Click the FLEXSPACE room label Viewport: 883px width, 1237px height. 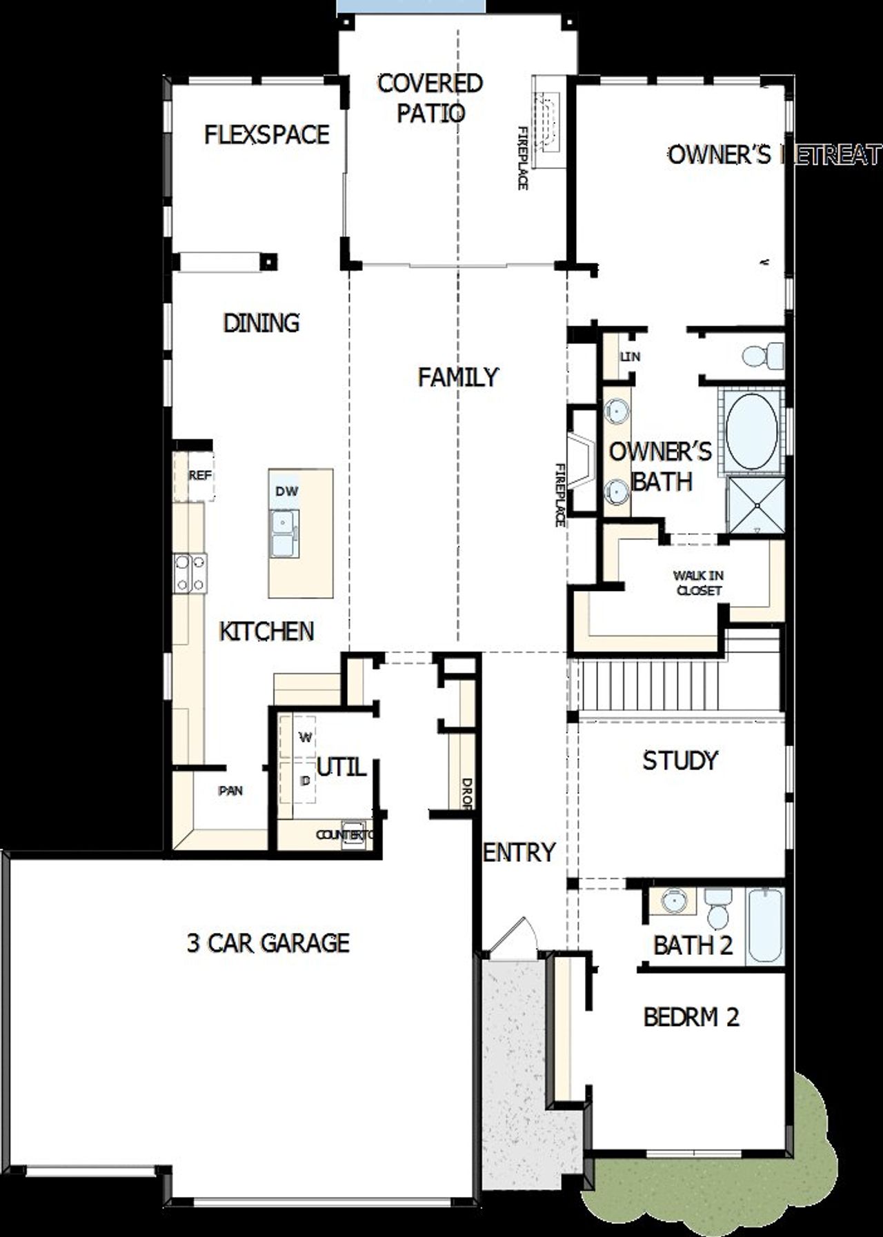pos(267,134)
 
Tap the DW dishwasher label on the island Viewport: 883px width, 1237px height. pos(287,491)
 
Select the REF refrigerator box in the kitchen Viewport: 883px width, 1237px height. pos(199,476)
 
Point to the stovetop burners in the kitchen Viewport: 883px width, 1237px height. pos(190,574)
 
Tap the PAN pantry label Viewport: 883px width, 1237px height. pos(230,791)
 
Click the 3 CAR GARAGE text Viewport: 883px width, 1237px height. pos(268,943)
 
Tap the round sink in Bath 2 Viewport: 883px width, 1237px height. pos(671,901)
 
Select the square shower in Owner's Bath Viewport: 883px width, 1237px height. pos(757,505)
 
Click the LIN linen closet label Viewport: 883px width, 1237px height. pos(630,356)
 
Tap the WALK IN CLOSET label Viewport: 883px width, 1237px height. pos(698,583)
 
